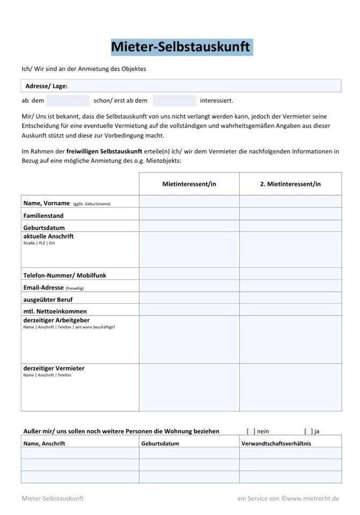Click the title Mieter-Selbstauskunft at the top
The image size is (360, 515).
180,47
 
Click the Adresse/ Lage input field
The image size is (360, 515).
204,86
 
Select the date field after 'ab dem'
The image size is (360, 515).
68,100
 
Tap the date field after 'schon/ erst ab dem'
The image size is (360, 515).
174,100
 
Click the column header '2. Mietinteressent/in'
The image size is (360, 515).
290,184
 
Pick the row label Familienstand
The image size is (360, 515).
43,216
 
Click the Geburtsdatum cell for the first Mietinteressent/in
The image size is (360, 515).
189,226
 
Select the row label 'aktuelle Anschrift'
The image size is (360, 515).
49,237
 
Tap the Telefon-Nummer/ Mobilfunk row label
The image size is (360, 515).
65,275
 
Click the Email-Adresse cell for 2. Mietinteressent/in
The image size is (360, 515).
290,286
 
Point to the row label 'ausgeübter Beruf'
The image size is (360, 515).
48,299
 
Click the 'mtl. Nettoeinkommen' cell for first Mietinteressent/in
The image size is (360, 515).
189,310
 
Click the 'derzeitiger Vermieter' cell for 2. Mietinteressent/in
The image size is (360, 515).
290,387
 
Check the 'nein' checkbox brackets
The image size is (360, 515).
251,431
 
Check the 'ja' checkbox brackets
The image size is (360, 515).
308,431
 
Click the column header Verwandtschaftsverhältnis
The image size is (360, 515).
276,444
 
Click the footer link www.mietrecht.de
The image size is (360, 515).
313,498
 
